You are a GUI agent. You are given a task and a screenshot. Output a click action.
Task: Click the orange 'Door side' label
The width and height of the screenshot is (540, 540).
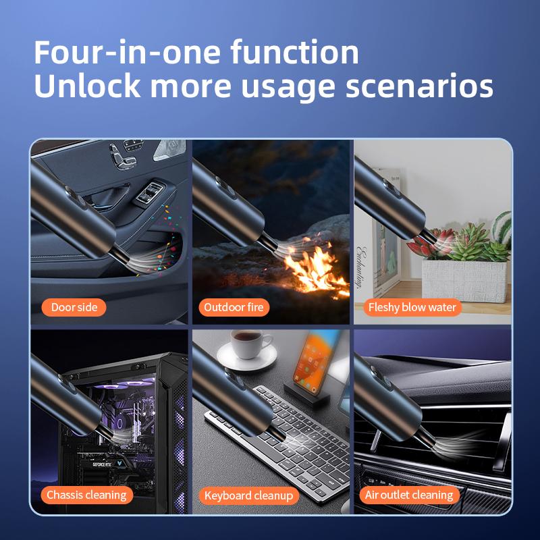[74, 307]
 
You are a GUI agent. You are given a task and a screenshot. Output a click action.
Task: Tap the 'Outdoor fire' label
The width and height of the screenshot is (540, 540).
[234, 307]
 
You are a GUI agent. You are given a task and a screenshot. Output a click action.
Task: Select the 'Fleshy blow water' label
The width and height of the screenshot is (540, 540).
[412, 307]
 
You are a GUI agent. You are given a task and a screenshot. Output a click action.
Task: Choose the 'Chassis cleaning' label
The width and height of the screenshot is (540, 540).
[86, 495]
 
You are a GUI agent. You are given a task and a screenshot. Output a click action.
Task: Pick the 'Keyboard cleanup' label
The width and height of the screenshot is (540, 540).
[248, 495]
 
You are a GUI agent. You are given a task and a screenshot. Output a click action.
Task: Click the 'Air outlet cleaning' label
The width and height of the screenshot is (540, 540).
[409, 495]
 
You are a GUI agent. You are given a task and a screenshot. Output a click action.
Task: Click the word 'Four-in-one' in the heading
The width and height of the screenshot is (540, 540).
[128, 52]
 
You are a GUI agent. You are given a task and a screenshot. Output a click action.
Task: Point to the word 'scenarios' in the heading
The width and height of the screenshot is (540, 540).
[419, 86]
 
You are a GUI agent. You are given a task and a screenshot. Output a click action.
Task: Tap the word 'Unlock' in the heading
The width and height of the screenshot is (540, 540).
[88, 86]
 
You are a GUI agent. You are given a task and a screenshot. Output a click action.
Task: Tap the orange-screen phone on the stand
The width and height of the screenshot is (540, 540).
[313, 362]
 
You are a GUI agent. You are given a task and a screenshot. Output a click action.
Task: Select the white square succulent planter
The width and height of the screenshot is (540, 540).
[464, 281]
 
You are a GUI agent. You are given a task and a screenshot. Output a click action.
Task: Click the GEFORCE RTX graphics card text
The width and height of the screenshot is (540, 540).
[102, 465]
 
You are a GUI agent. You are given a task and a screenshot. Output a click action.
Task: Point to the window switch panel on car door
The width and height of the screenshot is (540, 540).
[149, 193]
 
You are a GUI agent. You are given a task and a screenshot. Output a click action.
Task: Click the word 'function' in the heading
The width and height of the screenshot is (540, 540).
[294, 52]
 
